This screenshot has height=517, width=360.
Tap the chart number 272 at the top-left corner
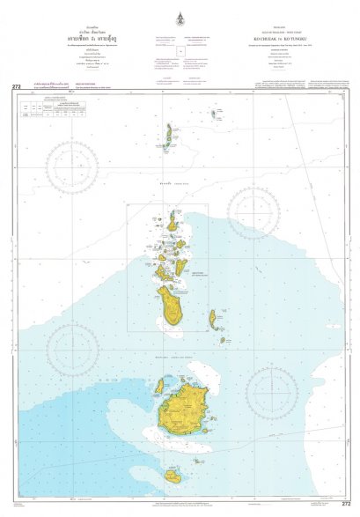click(x=16, y=86)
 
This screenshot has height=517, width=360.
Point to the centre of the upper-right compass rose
click(x=254, y=212)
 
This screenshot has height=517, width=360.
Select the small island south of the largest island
click(x=173, y=476)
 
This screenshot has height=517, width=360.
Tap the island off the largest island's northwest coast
click(x=159, y=386)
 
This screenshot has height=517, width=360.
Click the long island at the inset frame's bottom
click(x=170, y=306)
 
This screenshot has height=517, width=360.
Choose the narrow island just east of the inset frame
click(x=213, y=318)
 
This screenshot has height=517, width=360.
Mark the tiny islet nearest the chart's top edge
click(x=213, y=113)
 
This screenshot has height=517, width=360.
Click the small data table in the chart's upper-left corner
click(x=40, y=108)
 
